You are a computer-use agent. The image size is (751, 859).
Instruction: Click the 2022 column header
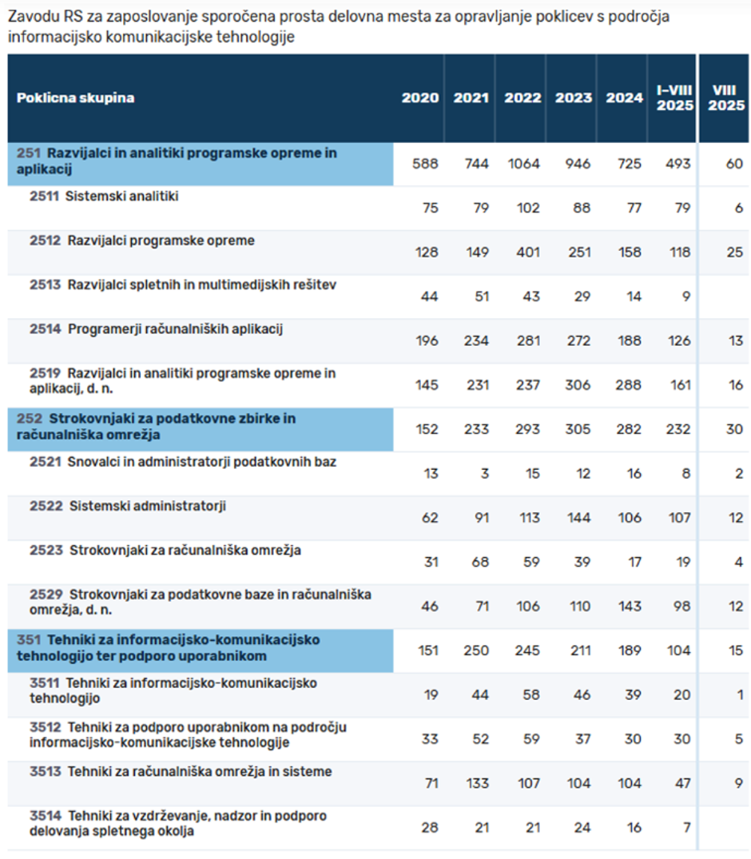tap(523, 98)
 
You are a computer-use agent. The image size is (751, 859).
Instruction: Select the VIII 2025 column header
tap(723, 98)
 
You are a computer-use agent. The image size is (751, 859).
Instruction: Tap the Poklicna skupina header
tap(76, 98)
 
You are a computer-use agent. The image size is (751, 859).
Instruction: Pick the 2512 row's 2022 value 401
tap(526, 253)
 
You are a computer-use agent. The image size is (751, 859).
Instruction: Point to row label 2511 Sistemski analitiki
tap(104, 197)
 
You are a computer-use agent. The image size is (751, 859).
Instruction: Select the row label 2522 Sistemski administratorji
tap(128, 506)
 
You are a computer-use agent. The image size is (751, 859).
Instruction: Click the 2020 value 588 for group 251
tap(425, 164)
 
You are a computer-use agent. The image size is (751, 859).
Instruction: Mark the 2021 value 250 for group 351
tap(476, 650)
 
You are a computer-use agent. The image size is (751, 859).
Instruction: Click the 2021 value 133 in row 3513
tap(477, 783)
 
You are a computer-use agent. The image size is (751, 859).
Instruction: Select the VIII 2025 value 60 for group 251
tap(734, 164)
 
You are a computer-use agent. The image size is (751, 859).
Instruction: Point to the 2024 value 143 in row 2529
tap(629, 606)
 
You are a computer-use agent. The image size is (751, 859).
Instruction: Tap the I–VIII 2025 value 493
tap(677, 164)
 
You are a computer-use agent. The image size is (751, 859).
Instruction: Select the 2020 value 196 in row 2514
tap(427, 341)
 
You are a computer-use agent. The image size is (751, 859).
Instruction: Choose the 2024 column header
tap(624, 98)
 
